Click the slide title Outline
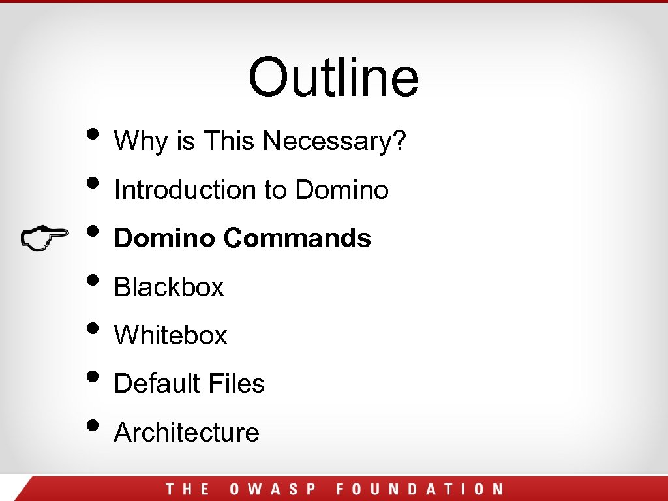pos(333,77)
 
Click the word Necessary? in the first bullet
pos(335,141)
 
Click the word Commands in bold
pos(297,238)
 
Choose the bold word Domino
pos(164,238)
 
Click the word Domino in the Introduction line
pos(342,190)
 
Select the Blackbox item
pos(169,287)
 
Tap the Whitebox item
pos(170,335)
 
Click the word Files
pos(237,384)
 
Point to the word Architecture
pos(187,433)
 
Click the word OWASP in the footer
pos(273,489)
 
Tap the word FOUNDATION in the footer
pos(419,489)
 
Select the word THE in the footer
pos(188,489)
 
